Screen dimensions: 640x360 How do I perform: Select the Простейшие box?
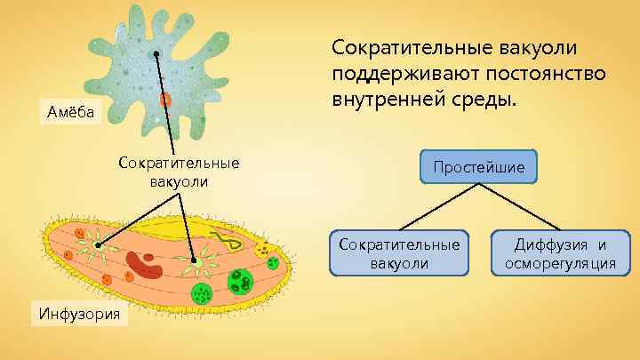point(479,165)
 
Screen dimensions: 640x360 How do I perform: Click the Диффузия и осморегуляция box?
point(559,253)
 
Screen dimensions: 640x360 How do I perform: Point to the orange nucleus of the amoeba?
point(165,100)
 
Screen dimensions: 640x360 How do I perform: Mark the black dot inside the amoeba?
point(156,55)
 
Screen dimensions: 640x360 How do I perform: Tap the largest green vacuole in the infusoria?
point(240,282)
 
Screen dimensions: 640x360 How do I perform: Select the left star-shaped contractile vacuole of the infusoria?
point(94,244)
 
